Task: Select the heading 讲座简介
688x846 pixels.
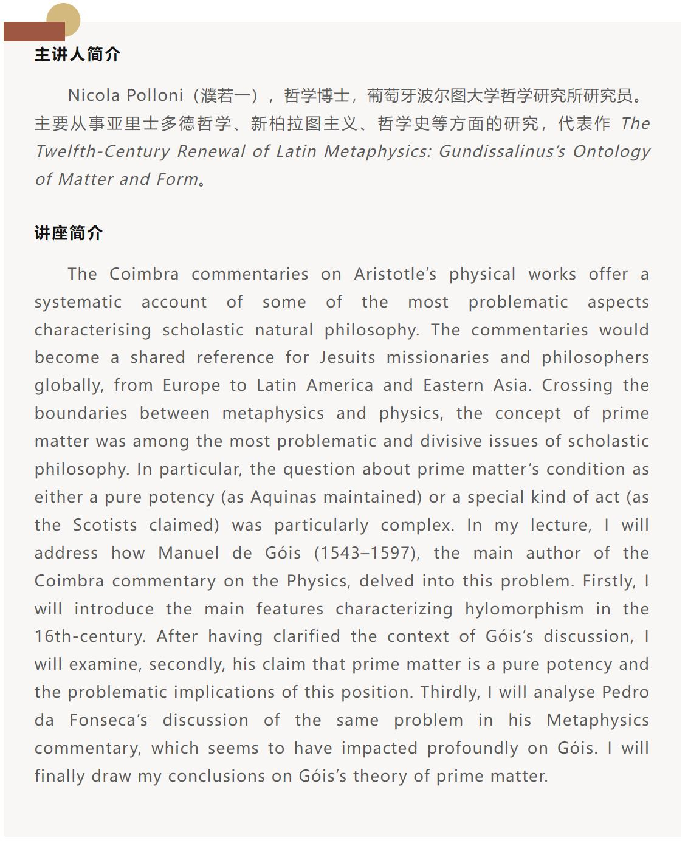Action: [x=69, y=233]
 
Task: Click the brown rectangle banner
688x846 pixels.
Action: [x=34, y=32]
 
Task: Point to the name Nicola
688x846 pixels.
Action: [x=94, y=95]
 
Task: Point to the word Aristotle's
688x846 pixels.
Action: [x=395, y=274]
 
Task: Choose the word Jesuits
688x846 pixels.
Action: [x=348, y=357]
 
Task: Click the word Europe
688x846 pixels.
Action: [x=191, y=385]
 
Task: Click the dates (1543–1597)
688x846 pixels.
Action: [x=366, y=553]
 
